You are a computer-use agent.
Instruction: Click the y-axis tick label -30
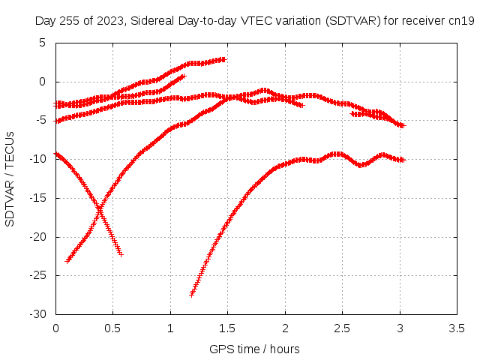tap(37, 314)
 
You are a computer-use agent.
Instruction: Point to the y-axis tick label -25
tap(37, 275)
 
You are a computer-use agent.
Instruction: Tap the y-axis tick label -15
tap(37, 198)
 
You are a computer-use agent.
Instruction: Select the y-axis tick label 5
tap(42, 43)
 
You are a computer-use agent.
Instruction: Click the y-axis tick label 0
tap(42, 82)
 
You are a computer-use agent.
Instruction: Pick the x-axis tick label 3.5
tap(457, 328)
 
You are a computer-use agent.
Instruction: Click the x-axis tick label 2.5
tap(342, 328)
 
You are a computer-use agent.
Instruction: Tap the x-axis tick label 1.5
tap(227, 328)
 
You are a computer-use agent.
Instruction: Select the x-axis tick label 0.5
tap(113, 328)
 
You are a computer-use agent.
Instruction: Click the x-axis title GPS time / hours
tap(254, 349)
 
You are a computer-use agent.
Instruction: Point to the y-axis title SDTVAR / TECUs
tap(10, 179)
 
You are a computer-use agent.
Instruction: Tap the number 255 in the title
tap(70, 21)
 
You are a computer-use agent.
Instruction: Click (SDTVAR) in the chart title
tap(353, 21)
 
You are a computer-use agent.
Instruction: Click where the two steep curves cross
tap(100, 210)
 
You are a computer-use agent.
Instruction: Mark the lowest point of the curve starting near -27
tap(192, 295)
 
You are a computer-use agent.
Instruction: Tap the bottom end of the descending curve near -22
tap(121, 254)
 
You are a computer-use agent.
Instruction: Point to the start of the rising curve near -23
tap(67, 261)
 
